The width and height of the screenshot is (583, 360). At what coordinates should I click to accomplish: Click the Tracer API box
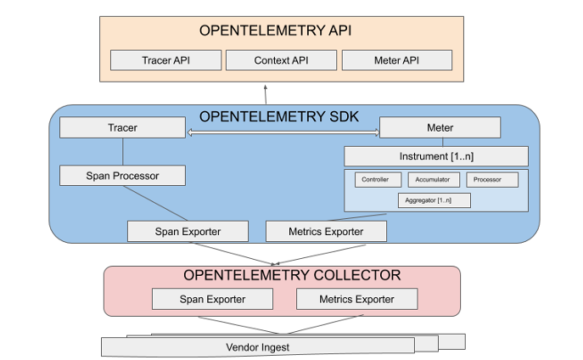[165, 60]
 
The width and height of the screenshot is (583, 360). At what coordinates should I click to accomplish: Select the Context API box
[281, 60]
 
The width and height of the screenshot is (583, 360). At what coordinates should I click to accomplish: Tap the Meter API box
[396, 60]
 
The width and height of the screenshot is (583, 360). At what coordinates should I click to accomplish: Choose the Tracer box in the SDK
[122, 128]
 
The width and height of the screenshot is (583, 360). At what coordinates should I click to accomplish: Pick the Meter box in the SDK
[440, 128]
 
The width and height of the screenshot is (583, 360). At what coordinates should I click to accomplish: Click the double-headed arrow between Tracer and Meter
[282, 132]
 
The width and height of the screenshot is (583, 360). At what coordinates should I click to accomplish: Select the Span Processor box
[122, 176]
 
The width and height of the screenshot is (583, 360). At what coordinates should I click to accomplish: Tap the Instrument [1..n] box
[435, 156]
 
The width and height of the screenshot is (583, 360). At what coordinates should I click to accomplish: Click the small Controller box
[375, 180]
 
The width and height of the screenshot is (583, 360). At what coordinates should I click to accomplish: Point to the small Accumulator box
[434, 180]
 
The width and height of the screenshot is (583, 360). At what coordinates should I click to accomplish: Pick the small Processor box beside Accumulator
[488, 180]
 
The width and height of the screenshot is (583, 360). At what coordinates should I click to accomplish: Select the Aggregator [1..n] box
[434, 200]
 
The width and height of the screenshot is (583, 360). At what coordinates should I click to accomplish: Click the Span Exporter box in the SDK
[188, 231]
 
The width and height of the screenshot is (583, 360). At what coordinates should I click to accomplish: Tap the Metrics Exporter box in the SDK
[326, 231]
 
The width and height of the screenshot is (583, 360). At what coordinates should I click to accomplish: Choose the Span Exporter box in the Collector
[212, 299]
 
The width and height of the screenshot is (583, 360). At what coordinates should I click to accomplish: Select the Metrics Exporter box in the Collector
[356, 299]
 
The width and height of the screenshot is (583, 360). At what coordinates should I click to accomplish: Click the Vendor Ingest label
[258, 346]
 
